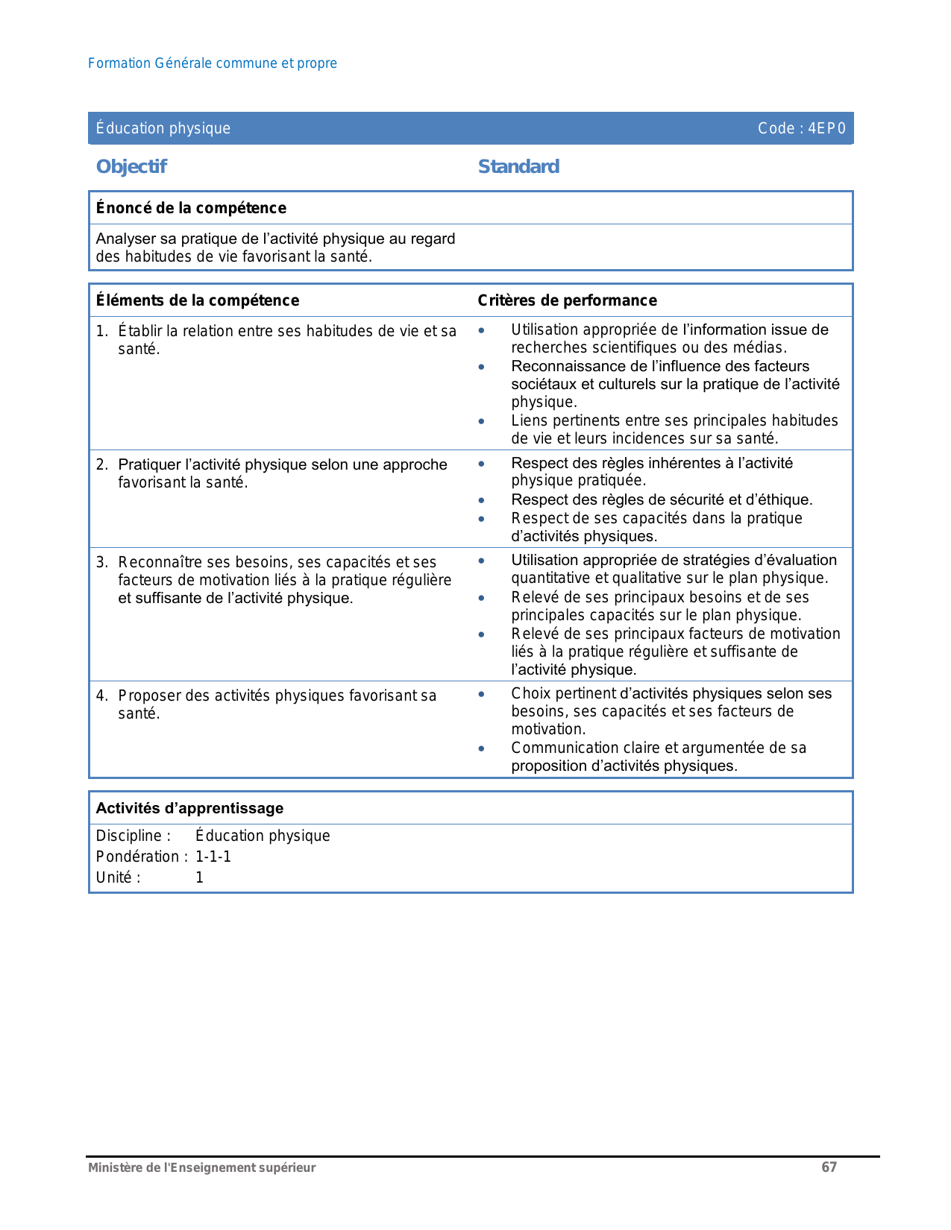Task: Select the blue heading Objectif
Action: coord(131,166)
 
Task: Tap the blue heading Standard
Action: coord(518,166)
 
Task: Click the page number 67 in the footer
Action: coord(829,1167)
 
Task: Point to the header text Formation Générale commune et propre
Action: coord(213,63)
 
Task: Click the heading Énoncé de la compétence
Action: coord(191,208)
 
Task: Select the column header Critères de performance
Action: coord(567,300)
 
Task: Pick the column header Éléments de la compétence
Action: coord(198,300)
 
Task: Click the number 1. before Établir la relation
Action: coord(102,331)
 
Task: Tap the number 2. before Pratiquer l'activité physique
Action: coord(102,464)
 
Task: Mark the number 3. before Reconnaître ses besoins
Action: coord(102,562)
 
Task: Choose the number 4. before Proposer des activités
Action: coord(102,696)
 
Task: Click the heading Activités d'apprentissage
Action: coord(189,808)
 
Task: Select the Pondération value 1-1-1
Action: coord(213,857)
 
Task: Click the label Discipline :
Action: coord(134,836)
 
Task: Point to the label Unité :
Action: coord(118,877)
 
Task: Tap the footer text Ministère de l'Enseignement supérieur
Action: coord(202,1167)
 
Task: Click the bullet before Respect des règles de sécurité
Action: coord(482,500)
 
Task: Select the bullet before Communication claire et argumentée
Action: coord(482,748)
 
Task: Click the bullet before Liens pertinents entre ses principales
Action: coord(482,421)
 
